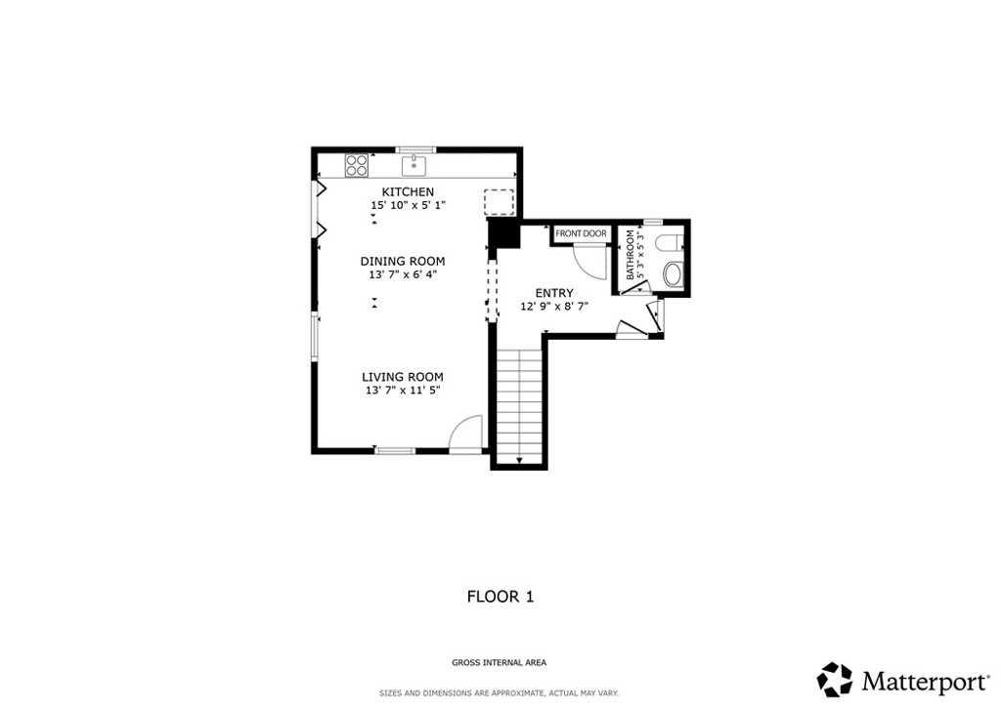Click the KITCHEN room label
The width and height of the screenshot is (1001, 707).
tap(408, 192)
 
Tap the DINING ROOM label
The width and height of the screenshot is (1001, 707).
tap(402, 262)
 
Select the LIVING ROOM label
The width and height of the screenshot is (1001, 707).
tap(402, 377)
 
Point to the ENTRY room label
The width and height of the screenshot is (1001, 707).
tap(554, 293)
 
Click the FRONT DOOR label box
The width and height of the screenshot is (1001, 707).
tap(581, 234)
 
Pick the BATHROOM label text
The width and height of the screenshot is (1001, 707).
tap(631, 255)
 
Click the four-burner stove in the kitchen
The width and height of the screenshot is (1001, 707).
tap(357, 166)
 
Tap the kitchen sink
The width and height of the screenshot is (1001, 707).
tap(413, 165)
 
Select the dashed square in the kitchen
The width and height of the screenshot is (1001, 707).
tap(500, 203)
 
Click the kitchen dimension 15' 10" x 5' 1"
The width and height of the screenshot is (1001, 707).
tap(408, 205)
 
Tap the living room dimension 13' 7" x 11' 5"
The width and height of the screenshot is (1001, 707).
tap(403, 391)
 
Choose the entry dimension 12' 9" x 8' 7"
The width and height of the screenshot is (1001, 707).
tap(554, 307)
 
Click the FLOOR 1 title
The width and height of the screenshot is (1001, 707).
tap(500, 597)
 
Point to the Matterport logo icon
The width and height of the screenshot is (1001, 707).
tap(835, 680)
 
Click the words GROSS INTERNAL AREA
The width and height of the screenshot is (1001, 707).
tap(500, 663)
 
